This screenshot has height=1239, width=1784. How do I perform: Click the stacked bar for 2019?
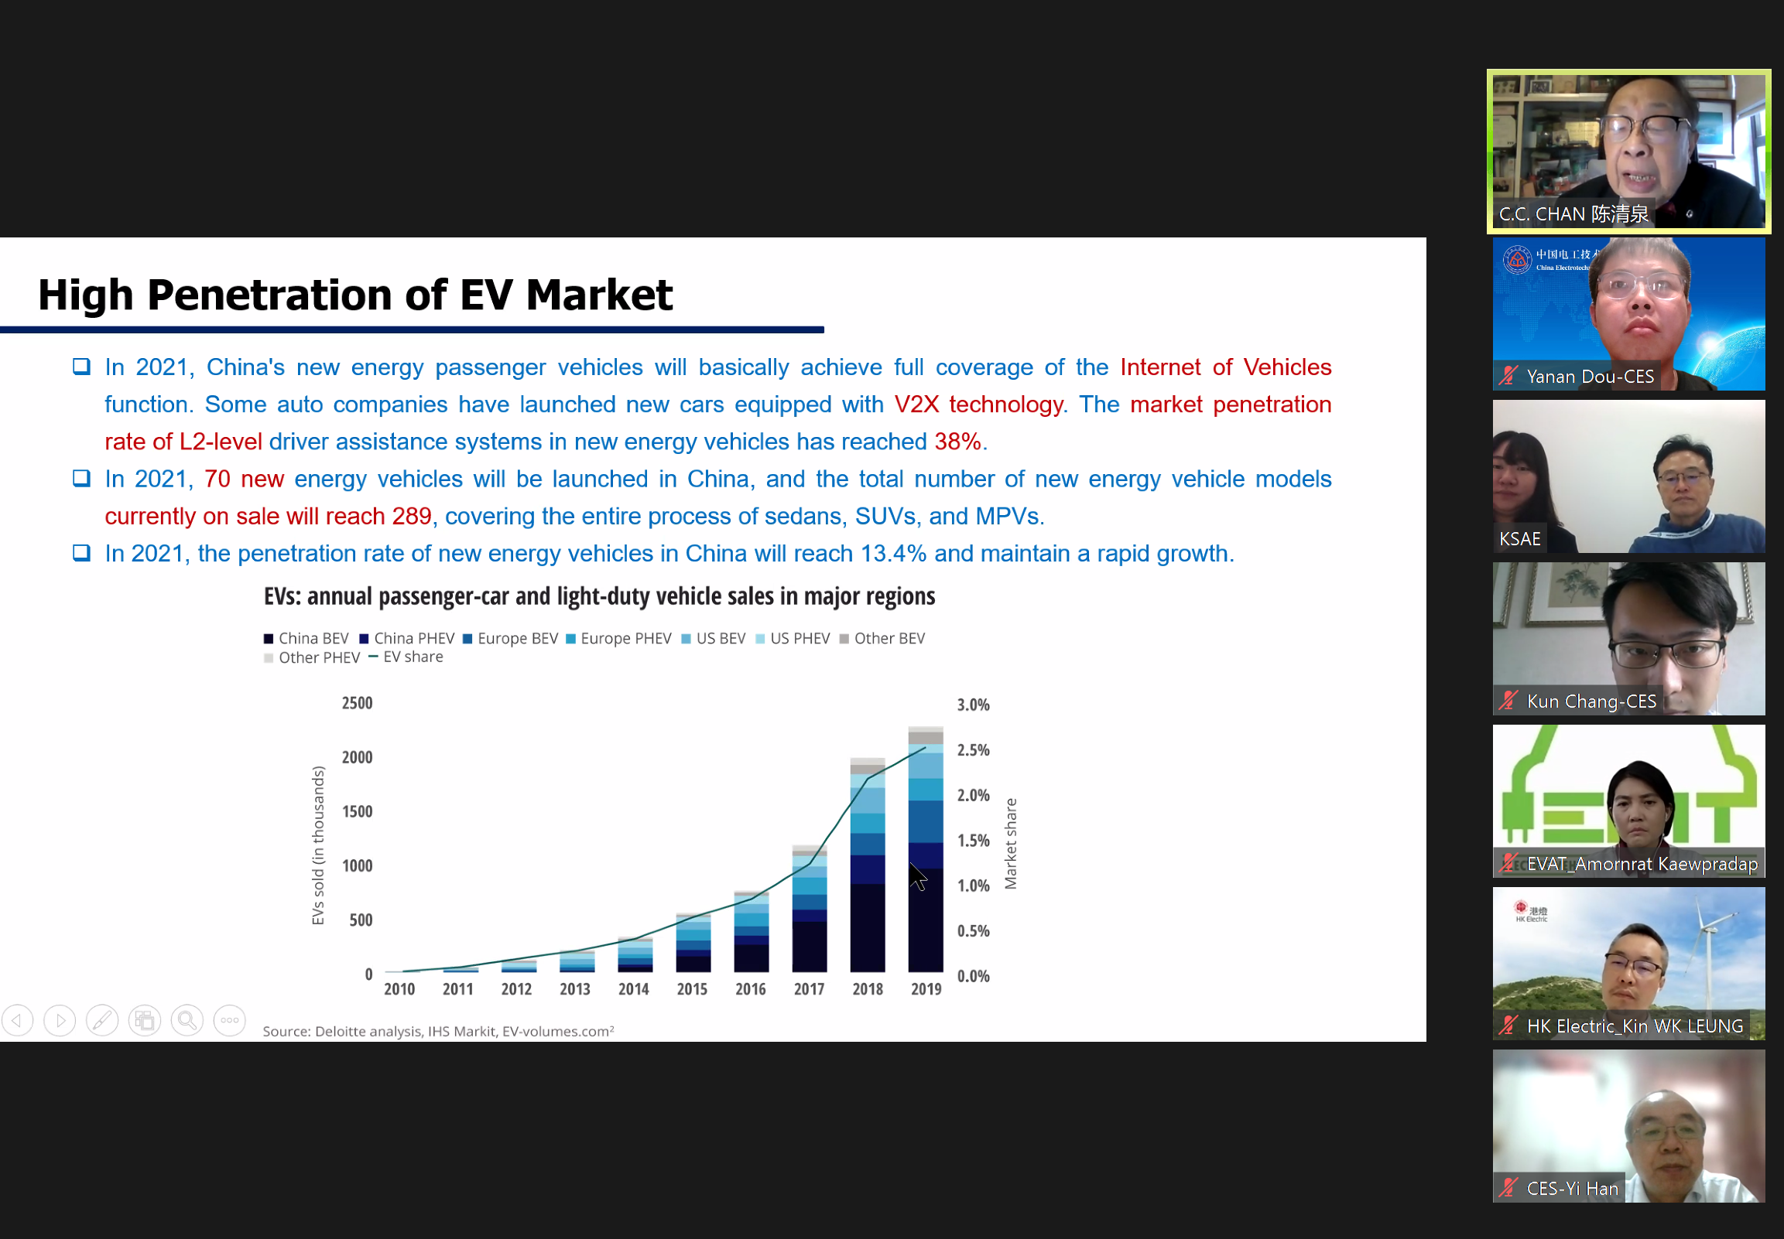click(925, 849)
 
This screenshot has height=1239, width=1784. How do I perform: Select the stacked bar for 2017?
click(810, 908)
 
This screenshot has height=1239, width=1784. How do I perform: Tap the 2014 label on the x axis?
click(633, 989)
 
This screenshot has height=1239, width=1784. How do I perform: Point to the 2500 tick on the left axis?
click(358, 703)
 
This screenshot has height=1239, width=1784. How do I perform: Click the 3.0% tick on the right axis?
click(973, 705)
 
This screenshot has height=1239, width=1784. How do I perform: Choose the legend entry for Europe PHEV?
click(619, 638)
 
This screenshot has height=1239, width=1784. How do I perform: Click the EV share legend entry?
click(406, 657)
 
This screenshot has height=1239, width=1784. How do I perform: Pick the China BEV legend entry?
click(306, 638)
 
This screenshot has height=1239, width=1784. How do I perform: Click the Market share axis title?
click(1011, 844)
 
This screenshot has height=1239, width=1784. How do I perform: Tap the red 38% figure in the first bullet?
click(957, 442)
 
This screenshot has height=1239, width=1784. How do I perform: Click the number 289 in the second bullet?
click(412, 517)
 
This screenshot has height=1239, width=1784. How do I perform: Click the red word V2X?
click(916, 404)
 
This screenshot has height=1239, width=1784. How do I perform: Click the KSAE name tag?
click(1519, 539)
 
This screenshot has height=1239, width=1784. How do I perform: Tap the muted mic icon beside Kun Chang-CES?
click(1508, 701)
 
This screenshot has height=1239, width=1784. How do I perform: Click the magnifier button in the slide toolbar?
click(187, 1020)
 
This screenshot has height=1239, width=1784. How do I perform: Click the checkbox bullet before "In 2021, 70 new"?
click(80, 478)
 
